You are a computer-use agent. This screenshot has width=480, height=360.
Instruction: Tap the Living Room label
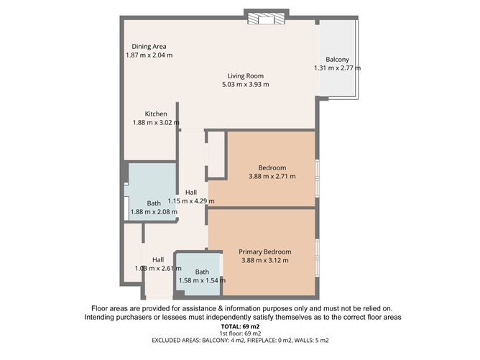point(246,75)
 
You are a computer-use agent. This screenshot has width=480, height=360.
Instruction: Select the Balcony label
point(337,59)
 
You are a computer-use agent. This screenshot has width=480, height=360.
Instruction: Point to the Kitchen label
point(156,114)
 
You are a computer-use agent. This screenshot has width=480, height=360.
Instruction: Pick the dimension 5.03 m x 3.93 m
point(246,85)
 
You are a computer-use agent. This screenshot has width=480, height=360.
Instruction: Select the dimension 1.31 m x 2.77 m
point(337,68)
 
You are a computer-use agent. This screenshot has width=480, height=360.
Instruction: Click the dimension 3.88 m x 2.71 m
point(272,176)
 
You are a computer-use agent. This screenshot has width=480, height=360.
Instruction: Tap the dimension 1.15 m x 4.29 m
point(191,201)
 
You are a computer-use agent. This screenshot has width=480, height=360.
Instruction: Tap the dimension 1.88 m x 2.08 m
point(153,212)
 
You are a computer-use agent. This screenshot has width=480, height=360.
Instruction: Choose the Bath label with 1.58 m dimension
point(202,272)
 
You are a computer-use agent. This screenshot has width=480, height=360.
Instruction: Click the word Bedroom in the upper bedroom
point(272,167)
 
